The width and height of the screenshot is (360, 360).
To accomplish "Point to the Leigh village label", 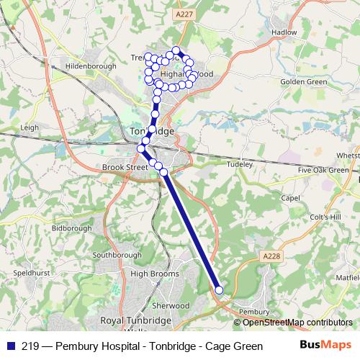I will tap(30, 127).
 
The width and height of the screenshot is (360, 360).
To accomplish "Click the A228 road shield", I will tap(271, 256).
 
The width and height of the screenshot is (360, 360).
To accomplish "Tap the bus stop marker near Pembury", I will tap(219, 290).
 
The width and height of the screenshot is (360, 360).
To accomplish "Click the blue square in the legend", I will tap(10, 345).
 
